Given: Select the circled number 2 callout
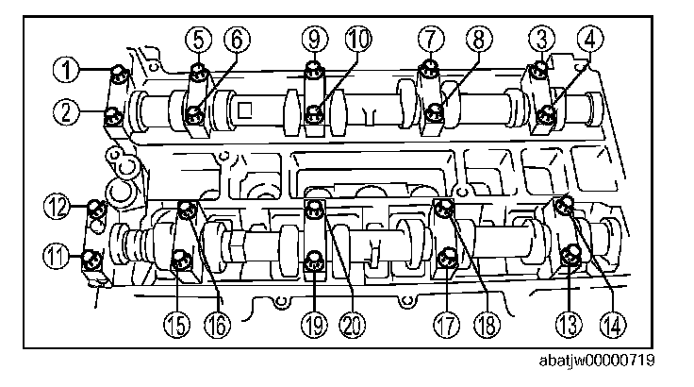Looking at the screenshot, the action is click(x=66, y=114).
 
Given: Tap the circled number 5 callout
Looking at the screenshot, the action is click(x=198, y=39).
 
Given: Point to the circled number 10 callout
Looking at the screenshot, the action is click(x=357, y=39).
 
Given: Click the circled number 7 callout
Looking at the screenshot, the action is click(x=429, y=39).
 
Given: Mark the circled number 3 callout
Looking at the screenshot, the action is click(x=540, y=39).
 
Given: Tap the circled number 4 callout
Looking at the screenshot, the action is click(x=591, y=39).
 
